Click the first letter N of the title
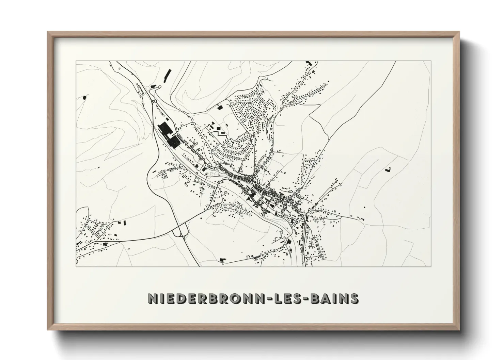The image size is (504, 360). (x=152, y=298)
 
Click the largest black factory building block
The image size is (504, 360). (x=164, y=130)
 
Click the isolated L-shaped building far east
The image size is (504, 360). (x=388, y=169)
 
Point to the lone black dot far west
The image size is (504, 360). (x=84, y=98)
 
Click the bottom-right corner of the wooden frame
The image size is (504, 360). (x=459, y=329)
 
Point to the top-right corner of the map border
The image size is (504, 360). (x=431, y=61)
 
